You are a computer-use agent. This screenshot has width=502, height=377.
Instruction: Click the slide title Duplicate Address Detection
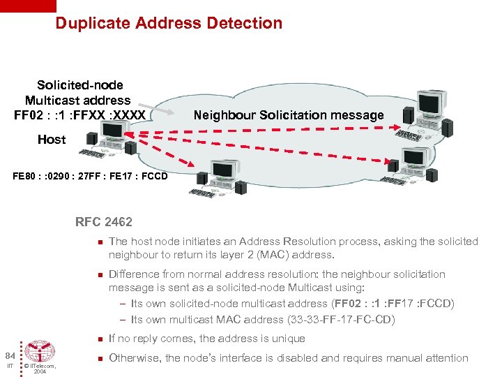click(x=169, y=23)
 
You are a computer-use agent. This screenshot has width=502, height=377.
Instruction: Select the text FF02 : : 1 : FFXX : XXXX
click(x=79, y=114)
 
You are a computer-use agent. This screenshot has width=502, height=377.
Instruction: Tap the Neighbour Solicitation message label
click(x=288, y=115)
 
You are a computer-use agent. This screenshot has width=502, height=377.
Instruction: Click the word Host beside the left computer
click(x=52, y=139)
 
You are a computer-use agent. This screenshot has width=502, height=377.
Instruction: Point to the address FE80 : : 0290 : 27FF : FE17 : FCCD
click(x=90, y=175)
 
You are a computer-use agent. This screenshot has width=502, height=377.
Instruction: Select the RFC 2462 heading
click(x=103, y=223)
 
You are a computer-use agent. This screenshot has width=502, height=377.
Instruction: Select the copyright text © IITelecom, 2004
click(x=40, y=368)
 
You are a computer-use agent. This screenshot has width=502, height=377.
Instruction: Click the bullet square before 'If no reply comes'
click(x=100, y=339)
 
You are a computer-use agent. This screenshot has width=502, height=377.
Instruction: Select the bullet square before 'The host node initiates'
click(x=100, y=242)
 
